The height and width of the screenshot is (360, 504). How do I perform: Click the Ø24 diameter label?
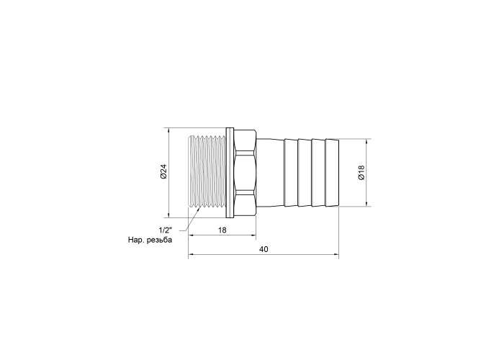coord(164,171)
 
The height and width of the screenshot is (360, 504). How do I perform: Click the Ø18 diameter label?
coord(361,173)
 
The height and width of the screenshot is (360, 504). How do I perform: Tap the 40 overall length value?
coord(264,249)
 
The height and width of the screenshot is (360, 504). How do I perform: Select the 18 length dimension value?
coord(222,230)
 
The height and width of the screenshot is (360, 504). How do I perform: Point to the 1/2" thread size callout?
coord(166,230)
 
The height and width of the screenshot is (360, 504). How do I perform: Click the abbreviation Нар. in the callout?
coord(135,240)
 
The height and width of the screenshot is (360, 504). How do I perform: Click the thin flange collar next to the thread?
coord(230,172)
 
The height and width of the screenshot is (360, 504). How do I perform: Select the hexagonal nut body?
coord(244,172)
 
